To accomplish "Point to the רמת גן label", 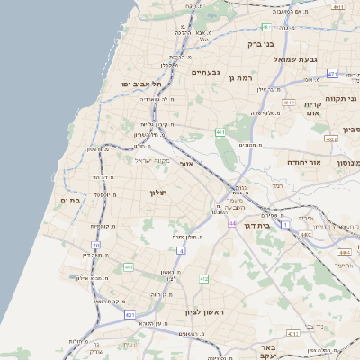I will coord(242,79).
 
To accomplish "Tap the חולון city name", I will coord(159,193).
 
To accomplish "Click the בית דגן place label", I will coord(257,226).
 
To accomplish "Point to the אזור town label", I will coord(187,165).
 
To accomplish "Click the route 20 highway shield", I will coord(95,245).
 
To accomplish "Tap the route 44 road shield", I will coord(232,222).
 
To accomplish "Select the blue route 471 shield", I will coord(332,74).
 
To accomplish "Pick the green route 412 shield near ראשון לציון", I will coord(203,279).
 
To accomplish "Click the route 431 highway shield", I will coord(130,315).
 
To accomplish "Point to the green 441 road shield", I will coord(129,266).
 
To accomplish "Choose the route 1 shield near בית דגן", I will coord(285,223).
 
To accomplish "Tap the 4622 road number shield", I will coord(331,139).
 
